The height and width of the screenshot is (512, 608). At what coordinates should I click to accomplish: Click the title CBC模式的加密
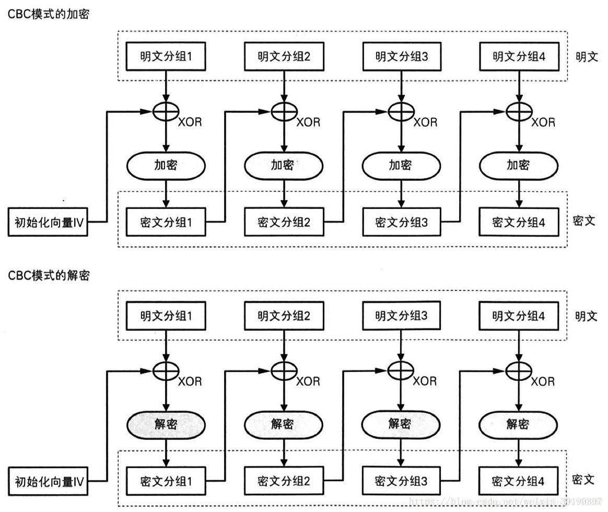tap(49, 15)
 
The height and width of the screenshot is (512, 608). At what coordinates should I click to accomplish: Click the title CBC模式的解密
tap(49, 275)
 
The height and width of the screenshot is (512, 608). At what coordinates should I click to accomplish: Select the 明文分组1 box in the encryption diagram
tap(166, 56)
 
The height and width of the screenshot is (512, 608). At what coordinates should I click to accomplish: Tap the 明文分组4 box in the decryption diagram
tap(519, 316)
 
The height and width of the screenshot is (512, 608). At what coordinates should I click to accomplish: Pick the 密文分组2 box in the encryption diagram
tap(284, 222)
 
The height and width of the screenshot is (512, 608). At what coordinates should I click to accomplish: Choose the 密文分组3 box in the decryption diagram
tap(401, 481)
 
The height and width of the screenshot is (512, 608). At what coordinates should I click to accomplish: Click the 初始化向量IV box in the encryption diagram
tap(49, 223)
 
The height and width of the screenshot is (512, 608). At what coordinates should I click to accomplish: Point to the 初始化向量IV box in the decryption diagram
tap(49, 481)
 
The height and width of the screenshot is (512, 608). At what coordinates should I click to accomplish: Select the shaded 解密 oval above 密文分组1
tap(166, 424)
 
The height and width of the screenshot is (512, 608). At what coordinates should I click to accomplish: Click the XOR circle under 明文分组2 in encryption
tap(284, 111)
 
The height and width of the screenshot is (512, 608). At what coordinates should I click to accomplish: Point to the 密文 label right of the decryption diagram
tap(584, 480)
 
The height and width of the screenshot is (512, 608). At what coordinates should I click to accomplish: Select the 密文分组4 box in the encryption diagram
tap(519, 222)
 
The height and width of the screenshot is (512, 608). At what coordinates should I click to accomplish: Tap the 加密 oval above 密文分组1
tap(166, 166)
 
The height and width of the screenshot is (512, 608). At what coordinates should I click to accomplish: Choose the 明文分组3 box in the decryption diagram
tap(401, 316)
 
